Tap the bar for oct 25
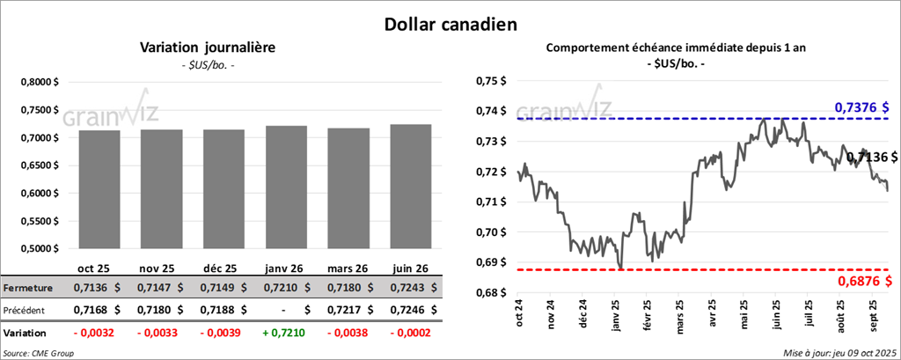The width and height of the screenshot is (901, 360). point(99,189)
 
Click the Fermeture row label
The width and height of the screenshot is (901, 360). point(29,288)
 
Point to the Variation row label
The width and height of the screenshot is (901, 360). point(26,334)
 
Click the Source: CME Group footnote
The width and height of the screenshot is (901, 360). point(39,353)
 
